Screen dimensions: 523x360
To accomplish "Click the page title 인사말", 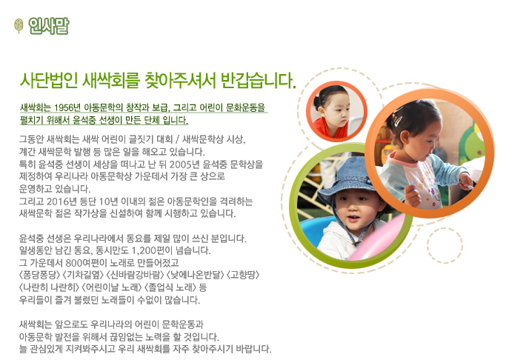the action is click(x=49, y=26).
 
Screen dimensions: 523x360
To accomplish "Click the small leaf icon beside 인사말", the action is click(x=19, y=26).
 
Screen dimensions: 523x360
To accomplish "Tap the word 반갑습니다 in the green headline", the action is click(x=258, y=80).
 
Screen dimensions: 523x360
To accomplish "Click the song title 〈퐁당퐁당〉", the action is click(x=40, y=275).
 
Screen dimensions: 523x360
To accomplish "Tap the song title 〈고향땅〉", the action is click(x=243, y=275).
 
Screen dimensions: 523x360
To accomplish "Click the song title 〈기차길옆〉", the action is click(x=83, y=275).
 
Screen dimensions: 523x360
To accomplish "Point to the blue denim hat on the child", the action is click(x=347, y=180).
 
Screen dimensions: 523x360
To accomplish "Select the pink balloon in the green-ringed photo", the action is click(x=380, y=238).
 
